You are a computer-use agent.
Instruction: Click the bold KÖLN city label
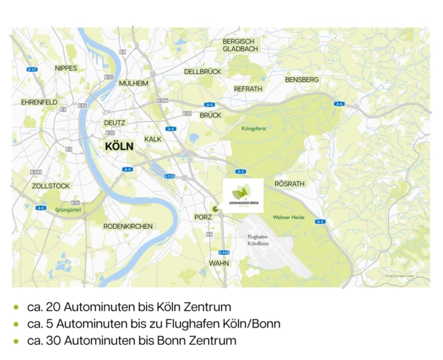[119, 146]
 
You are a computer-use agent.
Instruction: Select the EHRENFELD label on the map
[40, 102]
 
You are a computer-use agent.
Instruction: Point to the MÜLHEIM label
[133, 83]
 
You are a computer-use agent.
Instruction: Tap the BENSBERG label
[301, 79]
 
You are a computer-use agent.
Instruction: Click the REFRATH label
[248, 89]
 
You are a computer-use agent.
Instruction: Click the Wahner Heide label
[290, 217]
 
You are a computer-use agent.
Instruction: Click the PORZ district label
[203, 217]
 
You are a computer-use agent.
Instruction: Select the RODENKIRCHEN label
[127, 226]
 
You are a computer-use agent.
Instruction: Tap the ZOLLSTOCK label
[50, 186]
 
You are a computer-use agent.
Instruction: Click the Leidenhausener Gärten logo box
[243, 195]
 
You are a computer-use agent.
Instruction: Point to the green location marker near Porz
[215, 208]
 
